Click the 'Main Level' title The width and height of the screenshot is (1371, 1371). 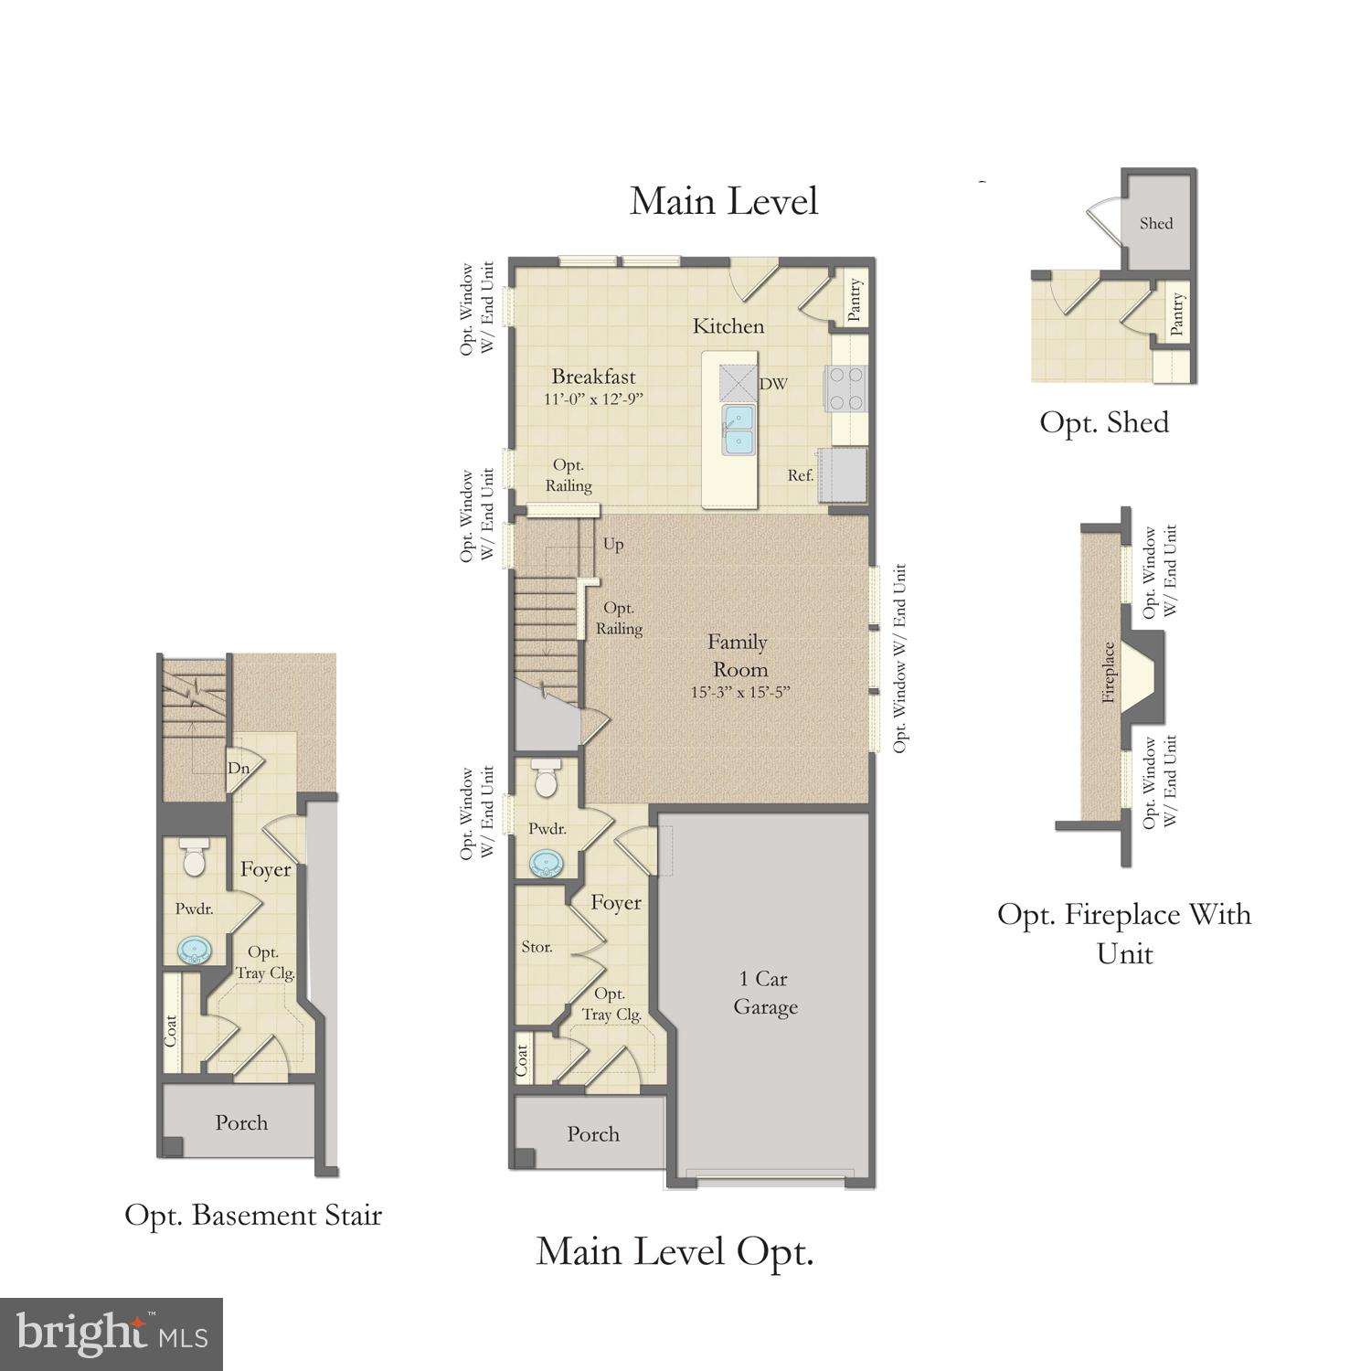point(723,201)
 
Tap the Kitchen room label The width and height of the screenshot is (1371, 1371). point(728,326)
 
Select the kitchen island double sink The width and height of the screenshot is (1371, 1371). point(739,430)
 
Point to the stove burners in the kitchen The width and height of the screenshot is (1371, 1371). point(845,388)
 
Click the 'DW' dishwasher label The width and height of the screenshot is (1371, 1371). point(773,384)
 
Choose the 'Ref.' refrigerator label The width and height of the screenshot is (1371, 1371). point(801,475)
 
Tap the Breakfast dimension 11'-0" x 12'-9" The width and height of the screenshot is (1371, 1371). point(593,399)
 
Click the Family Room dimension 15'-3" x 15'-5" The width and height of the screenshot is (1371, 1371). point(739,692)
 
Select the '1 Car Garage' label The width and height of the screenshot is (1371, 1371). point(765,993)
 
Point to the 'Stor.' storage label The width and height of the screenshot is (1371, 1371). point(537,947)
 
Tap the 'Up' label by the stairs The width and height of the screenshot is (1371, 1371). point(613,544)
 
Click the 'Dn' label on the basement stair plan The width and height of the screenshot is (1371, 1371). point(239,769)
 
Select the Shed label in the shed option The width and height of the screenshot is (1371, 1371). point(1156,223)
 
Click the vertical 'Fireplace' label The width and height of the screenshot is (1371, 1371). point(1109,672)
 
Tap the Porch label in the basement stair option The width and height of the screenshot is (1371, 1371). point(241,1122)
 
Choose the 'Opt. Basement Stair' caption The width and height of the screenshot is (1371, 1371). point(253,1216)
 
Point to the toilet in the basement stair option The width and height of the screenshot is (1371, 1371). point(194,859)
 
